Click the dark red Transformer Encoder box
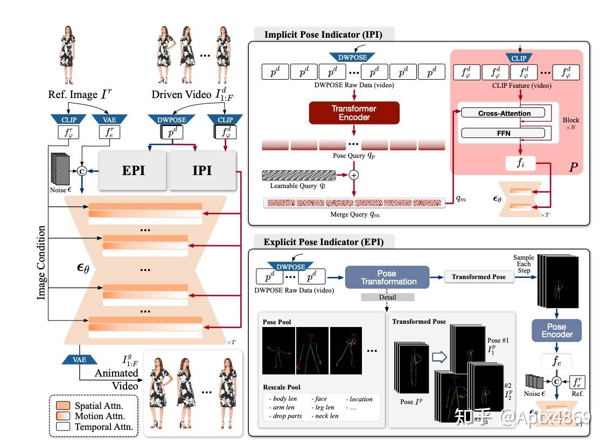click(354, 113)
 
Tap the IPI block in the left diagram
click(203, 170)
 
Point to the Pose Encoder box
click(556, 330)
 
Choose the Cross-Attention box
click(504, 113)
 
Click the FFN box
click(504, 133)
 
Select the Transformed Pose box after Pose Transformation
click(478, 277)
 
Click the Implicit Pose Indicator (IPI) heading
click(323, 34)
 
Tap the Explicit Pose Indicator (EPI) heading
click(323, 242)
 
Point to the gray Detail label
click(387, 297)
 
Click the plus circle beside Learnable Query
click(354, 175)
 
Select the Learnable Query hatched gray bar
click(298, 175)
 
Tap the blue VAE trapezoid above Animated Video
click(80, 359)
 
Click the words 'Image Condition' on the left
click(41, 262)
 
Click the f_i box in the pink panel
click(520, 163)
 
